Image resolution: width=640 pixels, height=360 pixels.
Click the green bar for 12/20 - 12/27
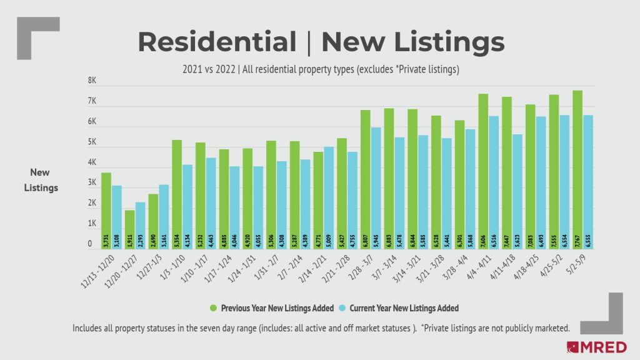click(x=130, y=229)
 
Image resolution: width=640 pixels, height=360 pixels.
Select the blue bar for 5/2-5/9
click(x=587, y=181)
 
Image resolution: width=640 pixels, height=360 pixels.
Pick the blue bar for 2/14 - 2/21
click(x=328, y=197)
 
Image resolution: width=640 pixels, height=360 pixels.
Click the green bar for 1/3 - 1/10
click(x=177, y=194)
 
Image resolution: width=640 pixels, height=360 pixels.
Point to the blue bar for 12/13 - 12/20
click(x=116, y=216)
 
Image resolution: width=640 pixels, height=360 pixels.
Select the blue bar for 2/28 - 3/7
click(x=376, y=187)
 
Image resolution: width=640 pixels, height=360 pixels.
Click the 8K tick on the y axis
click(x=92, y=81)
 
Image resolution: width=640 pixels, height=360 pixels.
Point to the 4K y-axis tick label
click(x=92, y=162)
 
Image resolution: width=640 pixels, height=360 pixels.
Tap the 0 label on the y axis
click(x=92, y=244)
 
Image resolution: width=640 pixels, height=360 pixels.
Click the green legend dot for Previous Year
click(x=213, y=308)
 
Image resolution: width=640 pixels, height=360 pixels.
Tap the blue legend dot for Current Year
click(x=341, y=308)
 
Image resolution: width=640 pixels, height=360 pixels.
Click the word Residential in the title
click(x=217, y=42)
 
